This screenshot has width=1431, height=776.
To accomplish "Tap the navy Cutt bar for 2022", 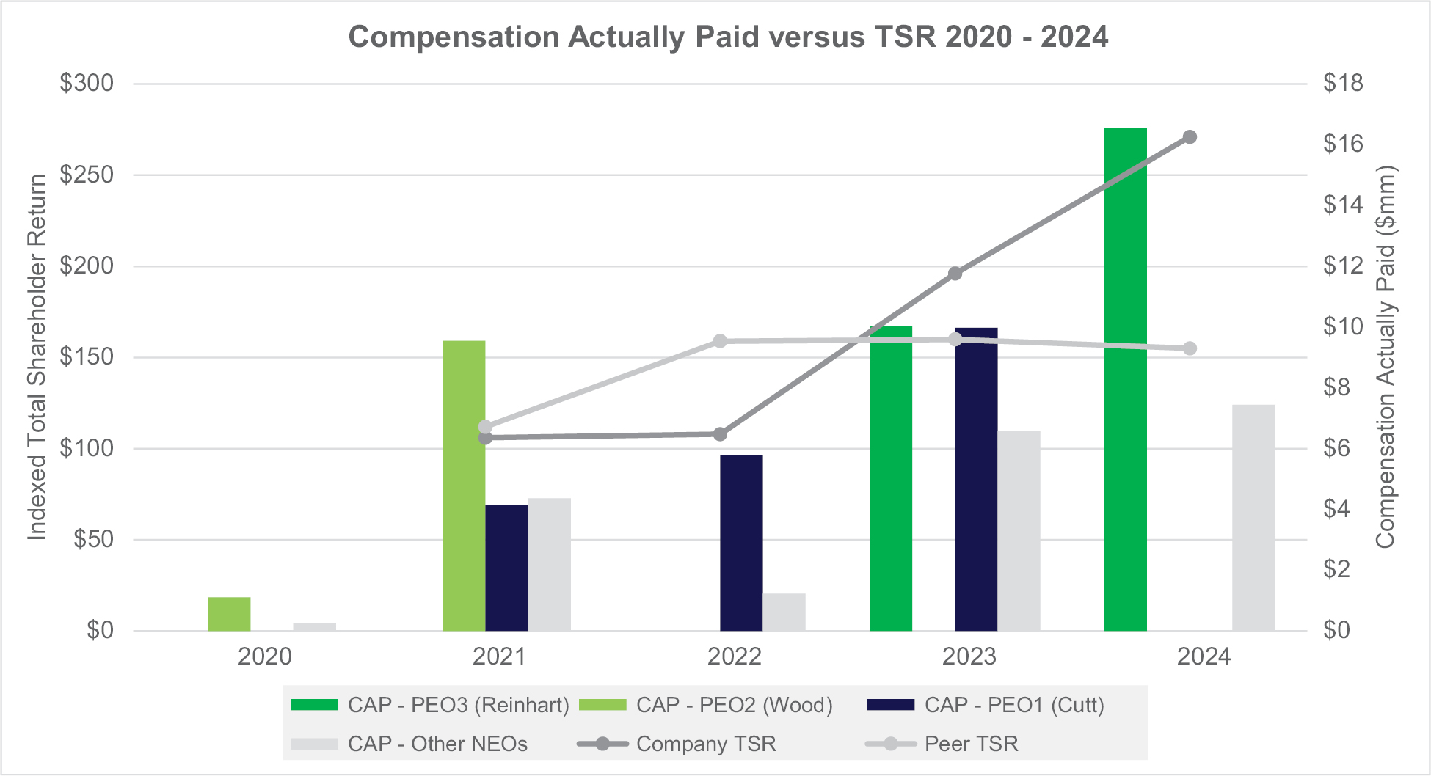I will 741,543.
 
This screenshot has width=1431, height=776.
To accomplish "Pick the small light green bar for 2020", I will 229,614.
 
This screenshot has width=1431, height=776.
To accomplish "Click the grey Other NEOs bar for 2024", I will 1253,518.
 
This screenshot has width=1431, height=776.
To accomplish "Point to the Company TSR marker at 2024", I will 1190,137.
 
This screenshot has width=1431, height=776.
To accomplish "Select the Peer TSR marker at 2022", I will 720,341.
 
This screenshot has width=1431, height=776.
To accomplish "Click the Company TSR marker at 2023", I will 955,274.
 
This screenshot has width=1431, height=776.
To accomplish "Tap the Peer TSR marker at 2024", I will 1190,348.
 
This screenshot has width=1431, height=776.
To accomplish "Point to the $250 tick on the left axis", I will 87,175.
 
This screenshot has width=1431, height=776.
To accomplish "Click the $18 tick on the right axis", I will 1342,84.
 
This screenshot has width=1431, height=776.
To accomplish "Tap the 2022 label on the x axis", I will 734,656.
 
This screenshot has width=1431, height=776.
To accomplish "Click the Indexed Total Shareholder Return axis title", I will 37,357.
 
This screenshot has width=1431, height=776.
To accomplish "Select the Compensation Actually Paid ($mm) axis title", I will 1385,357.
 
